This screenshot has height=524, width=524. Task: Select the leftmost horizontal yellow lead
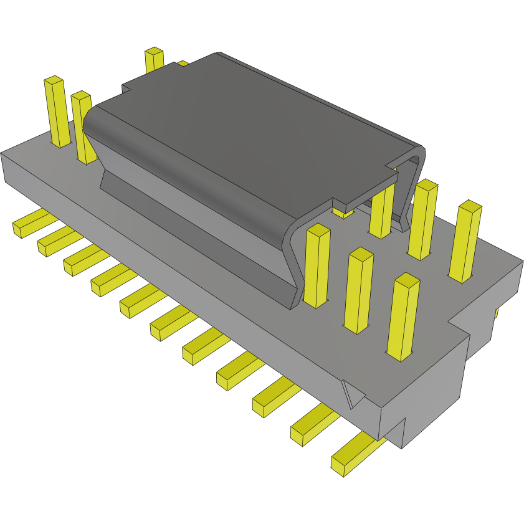[30, 223]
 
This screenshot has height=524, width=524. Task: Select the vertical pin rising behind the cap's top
[153, 60]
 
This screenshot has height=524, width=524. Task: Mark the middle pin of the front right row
[360, 290]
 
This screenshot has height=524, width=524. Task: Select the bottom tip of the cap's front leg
[293, 302]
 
